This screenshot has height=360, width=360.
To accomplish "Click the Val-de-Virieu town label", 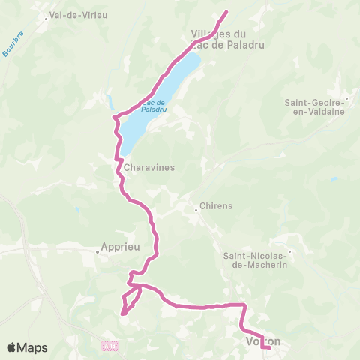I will pyautogui.click(x=76, y=14).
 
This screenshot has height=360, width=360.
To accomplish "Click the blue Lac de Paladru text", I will pyautogui.click(x=153, y=105).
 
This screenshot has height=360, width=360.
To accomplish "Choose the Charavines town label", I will pyautogui.click(x=149, y=168).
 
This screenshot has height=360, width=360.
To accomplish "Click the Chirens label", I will pyautogui.click(x=217, y=206).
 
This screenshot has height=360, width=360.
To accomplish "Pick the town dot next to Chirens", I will pyautogui.click(x=196, y=209).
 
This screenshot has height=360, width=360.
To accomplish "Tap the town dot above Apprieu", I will pyautogui.click(x=97, y=252).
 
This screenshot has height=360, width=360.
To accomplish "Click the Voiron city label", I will pyautogui.click(x=262, y=341).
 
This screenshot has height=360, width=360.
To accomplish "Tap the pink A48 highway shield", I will pyautogui.click(x=110, y=345).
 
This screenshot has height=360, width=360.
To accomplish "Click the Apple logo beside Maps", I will pyautogui.click(x=11, y=348).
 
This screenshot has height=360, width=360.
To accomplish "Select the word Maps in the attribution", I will pyautogui.click(x=33, y=348).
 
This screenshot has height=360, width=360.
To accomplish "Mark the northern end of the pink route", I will pyautogui.click(x=227, y=11).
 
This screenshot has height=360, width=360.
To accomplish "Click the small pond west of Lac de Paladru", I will pyautogui.click(x=111, y=103).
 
